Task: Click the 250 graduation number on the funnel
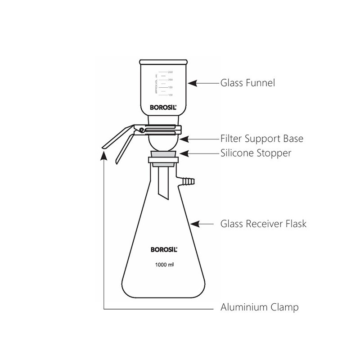171,72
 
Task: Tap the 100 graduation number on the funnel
171,95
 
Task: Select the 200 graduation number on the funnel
171,80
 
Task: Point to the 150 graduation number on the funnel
171,88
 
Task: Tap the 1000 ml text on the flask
164,265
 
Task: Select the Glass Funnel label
247,83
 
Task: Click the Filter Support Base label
261,139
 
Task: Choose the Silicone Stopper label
256,153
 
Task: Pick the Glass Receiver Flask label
263,223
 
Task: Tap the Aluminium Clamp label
260,308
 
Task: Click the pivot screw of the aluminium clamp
141,130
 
